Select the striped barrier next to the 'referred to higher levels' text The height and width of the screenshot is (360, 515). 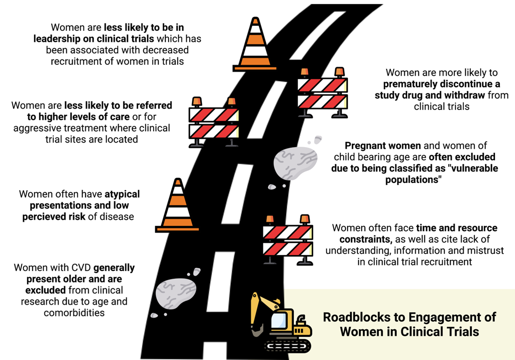tap(213, 122)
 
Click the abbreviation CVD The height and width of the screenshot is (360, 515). tap(82, 268)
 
